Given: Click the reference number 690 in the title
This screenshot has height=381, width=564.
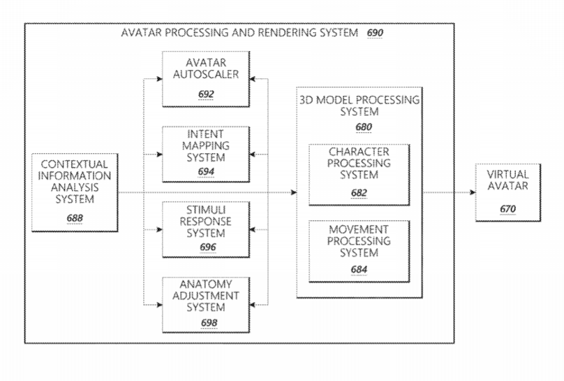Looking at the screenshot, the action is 375,33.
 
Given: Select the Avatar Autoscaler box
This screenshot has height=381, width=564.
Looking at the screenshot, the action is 206,79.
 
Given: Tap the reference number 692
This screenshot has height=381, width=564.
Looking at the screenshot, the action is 206,94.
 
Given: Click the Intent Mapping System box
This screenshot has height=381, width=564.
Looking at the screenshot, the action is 206,154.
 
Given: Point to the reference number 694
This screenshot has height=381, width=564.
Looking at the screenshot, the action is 206,172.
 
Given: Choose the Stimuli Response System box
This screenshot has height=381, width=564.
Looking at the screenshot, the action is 206,229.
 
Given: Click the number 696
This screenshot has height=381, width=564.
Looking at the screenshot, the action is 208,247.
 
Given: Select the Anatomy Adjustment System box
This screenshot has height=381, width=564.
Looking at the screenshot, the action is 206,305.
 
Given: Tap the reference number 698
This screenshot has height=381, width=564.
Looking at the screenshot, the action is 209,323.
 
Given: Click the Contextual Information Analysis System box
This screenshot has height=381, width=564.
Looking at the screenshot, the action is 75,192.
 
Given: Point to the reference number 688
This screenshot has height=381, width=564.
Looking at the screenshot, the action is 75,218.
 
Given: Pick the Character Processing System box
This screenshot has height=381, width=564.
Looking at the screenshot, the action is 359,175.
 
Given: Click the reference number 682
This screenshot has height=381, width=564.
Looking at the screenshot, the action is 359,193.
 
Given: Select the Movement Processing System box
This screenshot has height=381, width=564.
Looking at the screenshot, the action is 359,251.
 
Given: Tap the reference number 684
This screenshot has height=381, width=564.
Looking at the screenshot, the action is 359,269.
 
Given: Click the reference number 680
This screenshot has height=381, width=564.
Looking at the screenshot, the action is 364,127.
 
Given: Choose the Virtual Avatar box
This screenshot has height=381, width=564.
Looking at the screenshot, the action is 508,192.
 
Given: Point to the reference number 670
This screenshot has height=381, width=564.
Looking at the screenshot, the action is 508,209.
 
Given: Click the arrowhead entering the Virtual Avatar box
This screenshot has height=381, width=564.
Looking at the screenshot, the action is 473,192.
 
